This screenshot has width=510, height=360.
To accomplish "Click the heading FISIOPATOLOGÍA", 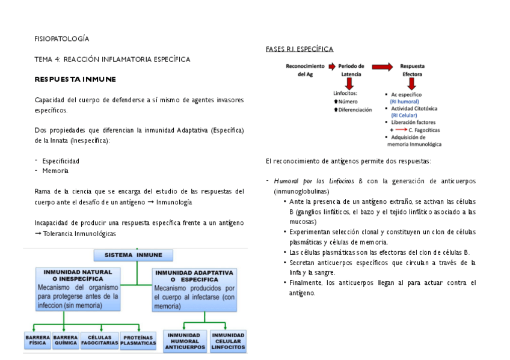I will pyautogui.click(x=61, y=38).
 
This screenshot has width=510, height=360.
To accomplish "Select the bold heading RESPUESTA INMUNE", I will pyautogui.click(x=75, y=79).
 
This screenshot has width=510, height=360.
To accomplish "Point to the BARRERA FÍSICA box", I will pyautogui.click(x=38, y=341).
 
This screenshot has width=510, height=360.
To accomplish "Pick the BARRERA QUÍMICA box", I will pyautogui.click(x=66, y=341).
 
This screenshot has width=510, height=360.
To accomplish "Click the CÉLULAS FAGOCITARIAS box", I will pyautogui.click(x=99, y=341).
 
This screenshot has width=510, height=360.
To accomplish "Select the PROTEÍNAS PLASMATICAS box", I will pyautogui.click(x=138, y=341).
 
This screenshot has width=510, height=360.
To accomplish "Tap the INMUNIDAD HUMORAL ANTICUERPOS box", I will pyautogui.click(x=185, y=341).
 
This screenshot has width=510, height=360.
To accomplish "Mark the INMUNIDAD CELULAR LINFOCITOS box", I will pyautogui.click(x=229, y=341).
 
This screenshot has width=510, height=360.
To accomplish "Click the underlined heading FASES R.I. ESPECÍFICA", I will pyautogui.click(x=300, y=49).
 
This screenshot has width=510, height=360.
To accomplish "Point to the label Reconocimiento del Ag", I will pyautogui.click(x=306, y=70).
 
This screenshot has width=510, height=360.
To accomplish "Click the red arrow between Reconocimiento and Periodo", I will pyautogui.click(x=331, y=66).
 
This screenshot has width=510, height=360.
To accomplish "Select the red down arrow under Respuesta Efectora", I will pyautogui.click(x=411, y=84).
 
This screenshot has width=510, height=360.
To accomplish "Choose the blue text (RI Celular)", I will pyautogui.click(x=403, y=115).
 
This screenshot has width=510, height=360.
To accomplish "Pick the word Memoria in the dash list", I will pyautogui.click(x=55, y=171).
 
